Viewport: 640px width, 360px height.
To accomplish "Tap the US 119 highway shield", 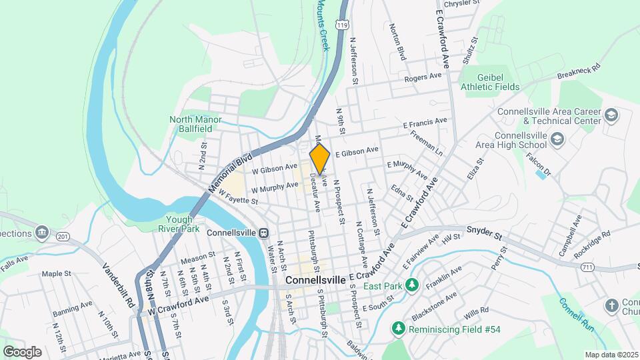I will (x=343, y=25).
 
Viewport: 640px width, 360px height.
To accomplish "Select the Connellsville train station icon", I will (x=265, y=233).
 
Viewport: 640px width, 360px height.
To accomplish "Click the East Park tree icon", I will (x=411, y=286).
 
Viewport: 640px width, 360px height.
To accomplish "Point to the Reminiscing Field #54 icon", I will (x=398, y=328).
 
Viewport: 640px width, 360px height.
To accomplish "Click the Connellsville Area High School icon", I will (x=557, y=140).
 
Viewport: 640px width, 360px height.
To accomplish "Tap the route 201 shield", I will (x=63, y=237).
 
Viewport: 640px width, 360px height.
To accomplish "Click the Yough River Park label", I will (x=179, y=224).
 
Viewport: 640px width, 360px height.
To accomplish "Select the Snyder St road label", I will (x=503, y=234).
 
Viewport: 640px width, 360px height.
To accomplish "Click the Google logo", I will (x=22, y=351).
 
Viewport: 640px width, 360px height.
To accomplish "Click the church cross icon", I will (x=611, y=306).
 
